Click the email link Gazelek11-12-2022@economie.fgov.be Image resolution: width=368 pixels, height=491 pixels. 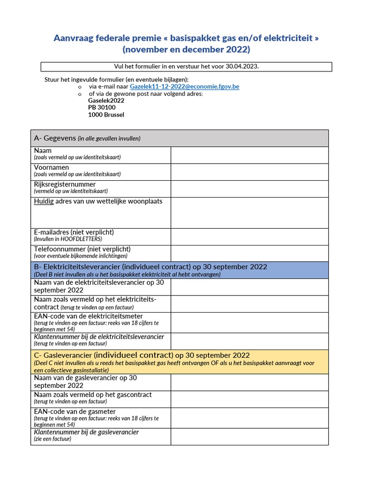point(184,86)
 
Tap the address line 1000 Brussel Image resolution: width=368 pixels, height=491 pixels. point(106,115)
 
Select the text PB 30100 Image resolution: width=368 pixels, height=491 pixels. point(102,107)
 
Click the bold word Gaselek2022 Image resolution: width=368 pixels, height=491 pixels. point(106,101)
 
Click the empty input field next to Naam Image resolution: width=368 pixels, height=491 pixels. point(249,155)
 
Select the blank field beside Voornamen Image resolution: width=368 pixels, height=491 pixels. point(249,172)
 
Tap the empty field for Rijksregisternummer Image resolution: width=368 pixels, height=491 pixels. point(249,188)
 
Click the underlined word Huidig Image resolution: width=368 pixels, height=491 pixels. point(44,201)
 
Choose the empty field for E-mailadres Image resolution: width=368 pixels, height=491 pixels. point(249,236)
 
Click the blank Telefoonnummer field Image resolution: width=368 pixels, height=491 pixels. point(249,253)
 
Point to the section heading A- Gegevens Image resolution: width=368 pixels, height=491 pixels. point(55,138)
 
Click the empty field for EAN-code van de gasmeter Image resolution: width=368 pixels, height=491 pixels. point(249,418)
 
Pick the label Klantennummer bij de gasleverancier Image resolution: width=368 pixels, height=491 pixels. point(86,432)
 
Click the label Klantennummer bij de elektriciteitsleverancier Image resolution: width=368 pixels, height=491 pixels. point(99,337)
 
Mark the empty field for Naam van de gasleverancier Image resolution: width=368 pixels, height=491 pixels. point(249,382)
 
